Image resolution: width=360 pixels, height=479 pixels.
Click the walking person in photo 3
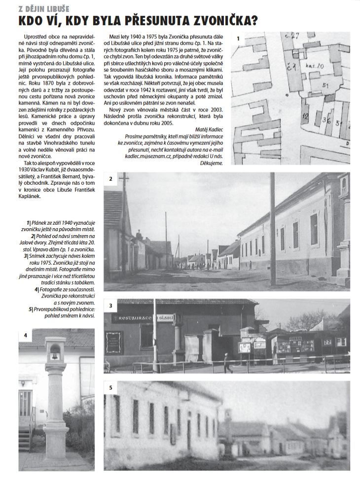coord(227,363)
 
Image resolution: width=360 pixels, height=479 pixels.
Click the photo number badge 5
coord(111,388)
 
